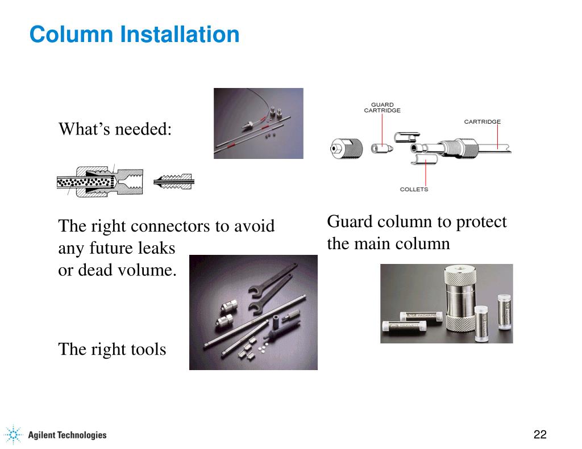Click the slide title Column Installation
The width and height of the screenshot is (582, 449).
point(134,35)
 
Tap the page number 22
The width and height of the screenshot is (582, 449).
point(539,435)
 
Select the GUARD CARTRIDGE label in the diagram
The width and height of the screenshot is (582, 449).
point(382,107)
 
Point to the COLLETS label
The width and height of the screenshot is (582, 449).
point(414,189)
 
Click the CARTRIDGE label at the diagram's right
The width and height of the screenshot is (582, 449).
point(482,121)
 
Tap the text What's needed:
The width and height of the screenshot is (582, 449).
point(115,129)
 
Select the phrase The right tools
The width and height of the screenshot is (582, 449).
point(112,349)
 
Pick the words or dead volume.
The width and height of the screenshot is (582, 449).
point(117,270)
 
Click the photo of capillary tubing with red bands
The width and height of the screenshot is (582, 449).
point(258,123)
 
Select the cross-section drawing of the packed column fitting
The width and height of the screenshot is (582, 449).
point(100,182)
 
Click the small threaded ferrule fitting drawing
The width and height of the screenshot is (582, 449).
point(174,182)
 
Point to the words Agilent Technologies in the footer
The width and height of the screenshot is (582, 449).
point(67,435)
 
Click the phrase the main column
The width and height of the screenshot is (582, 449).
point(388,244)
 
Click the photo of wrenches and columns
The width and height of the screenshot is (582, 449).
point(253,312)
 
